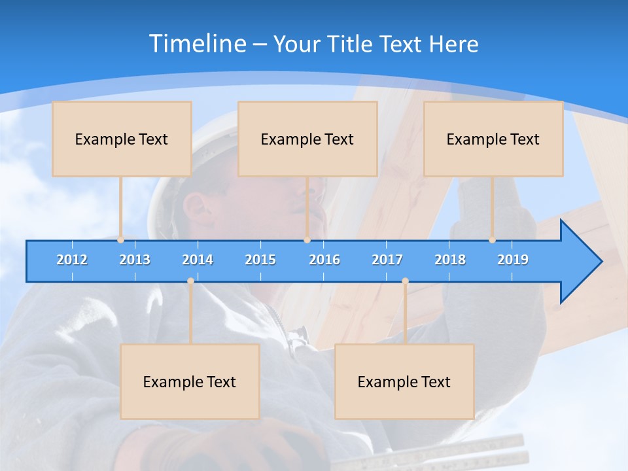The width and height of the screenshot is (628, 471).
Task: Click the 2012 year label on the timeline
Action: click(72, 260)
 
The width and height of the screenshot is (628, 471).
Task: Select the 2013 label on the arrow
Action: click(135, 260)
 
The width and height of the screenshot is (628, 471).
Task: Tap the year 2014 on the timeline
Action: click(198, 260)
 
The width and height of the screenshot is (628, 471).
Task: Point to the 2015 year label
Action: click(260, 260)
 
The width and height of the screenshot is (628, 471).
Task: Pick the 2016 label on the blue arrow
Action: click(324, 260)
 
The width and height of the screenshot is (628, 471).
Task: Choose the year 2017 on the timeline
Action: click(387, 260)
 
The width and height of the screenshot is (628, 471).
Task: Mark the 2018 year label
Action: click(450, 260)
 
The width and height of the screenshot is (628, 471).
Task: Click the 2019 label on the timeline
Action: click(513, 260)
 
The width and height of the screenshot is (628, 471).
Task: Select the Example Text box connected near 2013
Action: click(122, 139)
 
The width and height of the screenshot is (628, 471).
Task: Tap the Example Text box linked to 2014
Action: click(190, 381)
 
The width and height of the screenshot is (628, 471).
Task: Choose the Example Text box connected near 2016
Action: click(307, 139)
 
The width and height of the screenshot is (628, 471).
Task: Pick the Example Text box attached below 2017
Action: click(404, 381)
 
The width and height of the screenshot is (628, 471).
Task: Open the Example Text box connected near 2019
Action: click(493, 139)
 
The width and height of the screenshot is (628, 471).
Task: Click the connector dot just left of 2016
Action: click(307, 240)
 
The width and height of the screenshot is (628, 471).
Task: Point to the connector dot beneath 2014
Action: click(190, 281)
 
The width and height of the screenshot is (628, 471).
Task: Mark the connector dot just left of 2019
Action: click(492, 240)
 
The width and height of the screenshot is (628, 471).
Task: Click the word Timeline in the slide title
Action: click(198, 44)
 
